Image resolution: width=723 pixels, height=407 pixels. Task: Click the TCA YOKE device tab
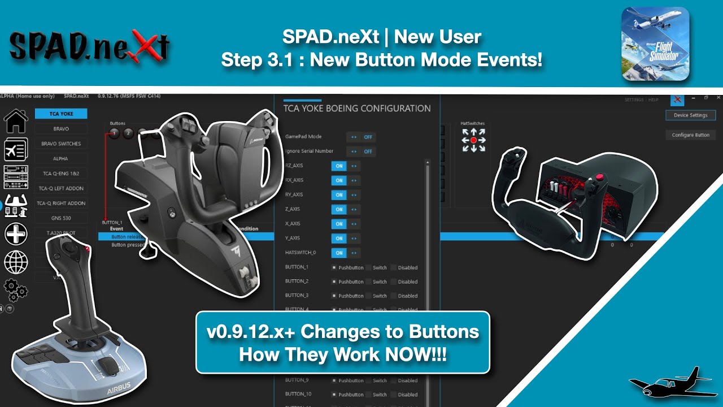click(x=61, y=114)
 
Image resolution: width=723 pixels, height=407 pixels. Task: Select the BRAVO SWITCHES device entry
click(x=61, y=144)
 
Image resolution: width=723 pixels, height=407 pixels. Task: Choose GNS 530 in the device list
click(x=61, y=218)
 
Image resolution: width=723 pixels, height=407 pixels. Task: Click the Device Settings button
click(x=690, y=115)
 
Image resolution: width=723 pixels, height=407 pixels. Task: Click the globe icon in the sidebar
click(x=16, y=262)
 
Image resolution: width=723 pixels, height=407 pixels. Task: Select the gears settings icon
click(x=16, y=290)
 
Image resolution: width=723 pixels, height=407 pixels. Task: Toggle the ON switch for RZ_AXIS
click(x=339, y=166)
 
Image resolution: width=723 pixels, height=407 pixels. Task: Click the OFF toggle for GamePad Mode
click(x=368, y=137)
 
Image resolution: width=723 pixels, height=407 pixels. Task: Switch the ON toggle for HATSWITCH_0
click(x=339, y=253)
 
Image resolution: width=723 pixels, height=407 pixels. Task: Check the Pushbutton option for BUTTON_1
click(x=334, y=267)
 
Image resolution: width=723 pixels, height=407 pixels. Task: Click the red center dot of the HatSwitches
click(x=473, y=140)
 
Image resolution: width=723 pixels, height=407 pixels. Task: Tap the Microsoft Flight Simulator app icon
click(x=655, y=44)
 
